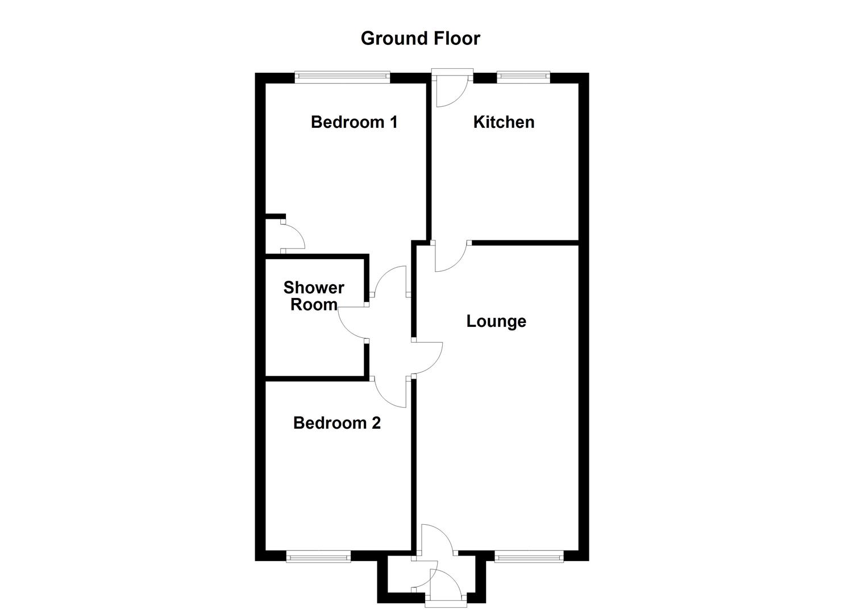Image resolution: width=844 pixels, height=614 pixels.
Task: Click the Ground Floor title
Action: (x=420, y=38)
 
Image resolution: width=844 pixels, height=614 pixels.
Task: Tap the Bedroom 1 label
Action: (x=354, y=122)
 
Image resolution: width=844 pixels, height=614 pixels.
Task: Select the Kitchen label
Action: (x=504, y=122)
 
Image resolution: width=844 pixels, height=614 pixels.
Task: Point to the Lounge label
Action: (x=496, y=321)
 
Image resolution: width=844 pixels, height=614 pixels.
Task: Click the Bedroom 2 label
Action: (x=336, y=423)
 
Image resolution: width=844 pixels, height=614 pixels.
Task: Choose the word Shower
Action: (x=314, y=288)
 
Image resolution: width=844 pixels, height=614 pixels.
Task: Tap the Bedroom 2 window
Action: (x=318, y=557)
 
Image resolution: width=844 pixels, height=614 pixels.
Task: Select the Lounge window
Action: (x=529, y=557)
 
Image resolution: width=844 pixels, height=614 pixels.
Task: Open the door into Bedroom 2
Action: (x=389, y=392)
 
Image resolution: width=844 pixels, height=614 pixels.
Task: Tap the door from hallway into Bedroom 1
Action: (x=389, y=281)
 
